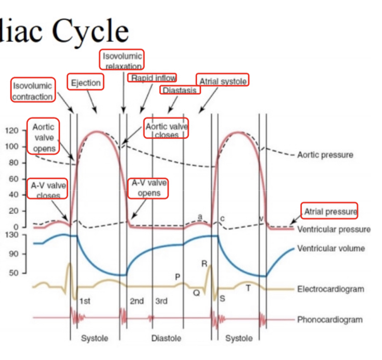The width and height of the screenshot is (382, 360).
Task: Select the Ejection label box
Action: [x=86, y=82]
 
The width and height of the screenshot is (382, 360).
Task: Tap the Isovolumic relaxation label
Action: [x=122, y=60]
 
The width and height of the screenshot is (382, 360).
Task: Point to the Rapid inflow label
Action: [x=153, y=78]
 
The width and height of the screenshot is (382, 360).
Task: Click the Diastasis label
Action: [x=180, y=90]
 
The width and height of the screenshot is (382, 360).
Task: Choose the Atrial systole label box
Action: [x=223, y=81]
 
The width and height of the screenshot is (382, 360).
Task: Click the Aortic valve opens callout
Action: [x=43, y=137]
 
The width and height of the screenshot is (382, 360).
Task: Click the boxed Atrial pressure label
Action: [x=330, y=211]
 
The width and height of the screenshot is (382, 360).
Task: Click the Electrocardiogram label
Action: [x=331, y=289]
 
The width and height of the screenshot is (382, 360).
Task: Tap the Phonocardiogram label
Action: [x=330, y=320]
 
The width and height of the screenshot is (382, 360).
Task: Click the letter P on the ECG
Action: [x=177, y=276]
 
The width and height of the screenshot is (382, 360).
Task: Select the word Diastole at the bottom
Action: [x=166, y=338]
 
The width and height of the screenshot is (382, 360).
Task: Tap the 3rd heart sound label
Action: [x=161, y=301]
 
